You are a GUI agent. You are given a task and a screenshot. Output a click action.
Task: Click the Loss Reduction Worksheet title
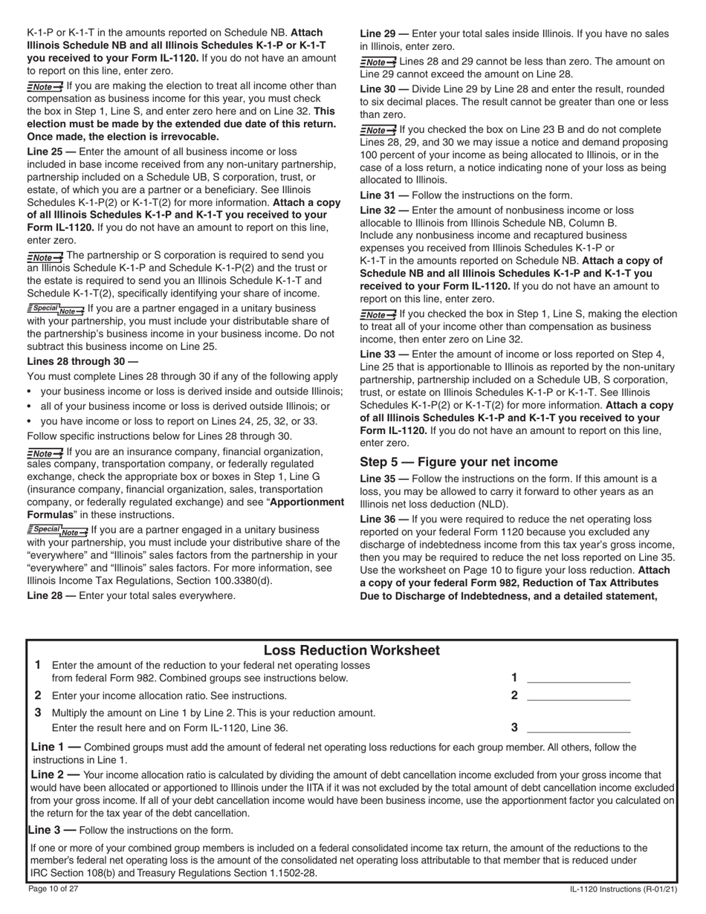pyautogui.click(x=352, y=650)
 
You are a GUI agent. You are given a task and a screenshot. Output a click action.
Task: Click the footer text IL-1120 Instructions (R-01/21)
pyautogui.click(x=623, y=889)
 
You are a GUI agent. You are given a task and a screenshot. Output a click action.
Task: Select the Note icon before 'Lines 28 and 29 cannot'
pyautogui.click(x=378, y=62)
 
